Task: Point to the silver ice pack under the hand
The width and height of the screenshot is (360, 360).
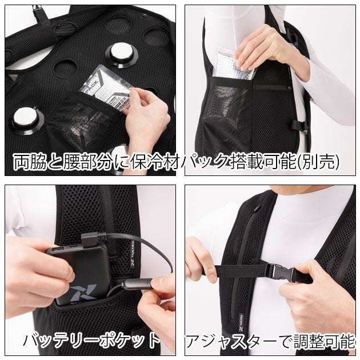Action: tap(233, 66)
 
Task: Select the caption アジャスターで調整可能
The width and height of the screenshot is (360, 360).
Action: tap(271, 342)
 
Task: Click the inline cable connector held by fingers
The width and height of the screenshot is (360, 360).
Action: tap(137, 284)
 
